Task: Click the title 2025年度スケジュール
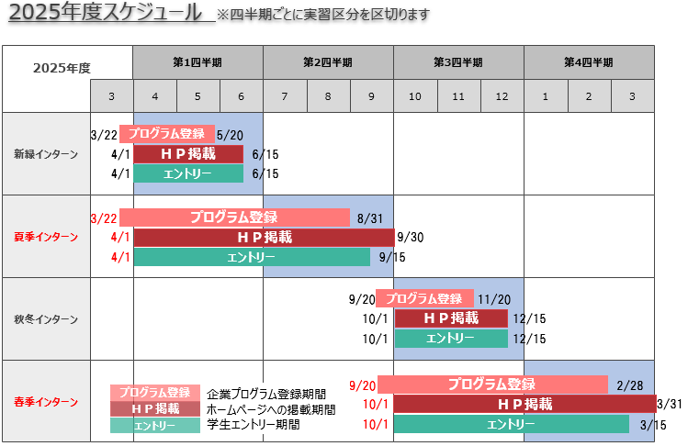coord(107,13)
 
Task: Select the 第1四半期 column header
coord(197,62)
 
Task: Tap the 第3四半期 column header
coord(458,62)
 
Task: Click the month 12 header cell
coord(502,96)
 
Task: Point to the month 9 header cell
coord(371,96)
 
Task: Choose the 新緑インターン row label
coord(46,154)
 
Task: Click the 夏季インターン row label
coord(46,237)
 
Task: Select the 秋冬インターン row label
coord(46,319)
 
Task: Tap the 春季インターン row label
coord(46,402)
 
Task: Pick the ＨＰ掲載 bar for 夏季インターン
coord(265,238)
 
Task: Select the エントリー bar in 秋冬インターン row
coord(450,339)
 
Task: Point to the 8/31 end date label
coord(368,218)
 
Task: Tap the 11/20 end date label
coord(494,299)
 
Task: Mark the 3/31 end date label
coord(670,404)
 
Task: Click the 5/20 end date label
coord(230,135)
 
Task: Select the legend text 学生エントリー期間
coord(253,425)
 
